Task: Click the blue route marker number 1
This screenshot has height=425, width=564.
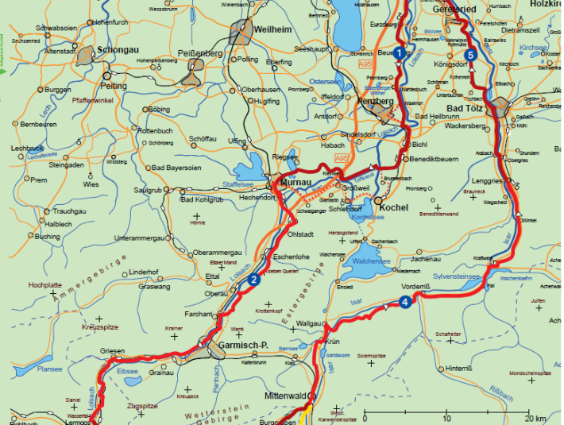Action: (398, 53)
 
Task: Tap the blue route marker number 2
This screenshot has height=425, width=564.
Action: (253, 280)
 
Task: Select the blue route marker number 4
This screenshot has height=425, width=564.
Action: (405, 301)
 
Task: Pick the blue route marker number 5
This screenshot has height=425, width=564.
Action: (471, 55)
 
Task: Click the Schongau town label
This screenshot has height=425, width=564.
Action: (117, 49)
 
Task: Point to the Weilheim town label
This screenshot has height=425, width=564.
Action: (273, 29)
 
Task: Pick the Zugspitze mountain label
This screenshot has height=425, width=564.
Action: (143, 406)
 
